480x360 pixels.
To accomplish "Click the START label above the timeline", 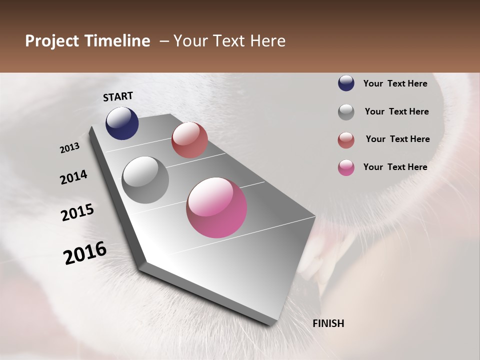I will (118, 96).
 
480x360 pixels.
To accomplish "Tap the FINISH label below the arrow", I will (328, 323).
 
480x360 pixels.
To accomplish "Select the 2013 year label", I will (70, 148).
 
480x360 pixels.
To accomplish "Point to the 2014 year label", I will (73, 177).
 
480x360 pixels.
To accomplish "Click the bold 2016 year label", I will (85, 253).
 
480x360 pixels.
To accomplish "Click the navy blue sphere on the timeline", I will (122, 123).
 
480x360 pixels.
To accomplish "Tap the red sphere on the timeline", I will (189, 140).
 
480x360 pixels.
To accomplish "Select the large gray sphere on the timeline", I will (145, 180).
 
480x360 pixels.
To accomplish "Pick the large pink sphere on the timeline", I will (216, 207).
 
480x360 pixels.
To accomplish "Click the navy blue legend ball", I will (346, 83).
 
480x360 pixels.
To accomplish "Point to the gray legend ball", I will (346, 111).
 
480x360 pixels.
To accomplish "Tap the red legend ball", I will (346, 139).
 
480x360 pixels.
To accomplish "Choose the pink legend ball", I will (346, 167).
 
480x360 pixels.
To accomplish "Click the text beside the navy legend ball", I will (395, 83).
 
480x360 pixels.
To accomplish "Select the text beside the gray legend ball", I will (396, 111).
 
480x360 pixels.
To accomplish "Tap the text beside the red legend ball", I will (397, 139).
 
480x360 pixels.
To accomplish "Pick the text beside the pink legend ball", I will (395, 167).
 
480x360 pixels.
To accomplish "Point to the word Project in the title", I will (52, 41).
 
